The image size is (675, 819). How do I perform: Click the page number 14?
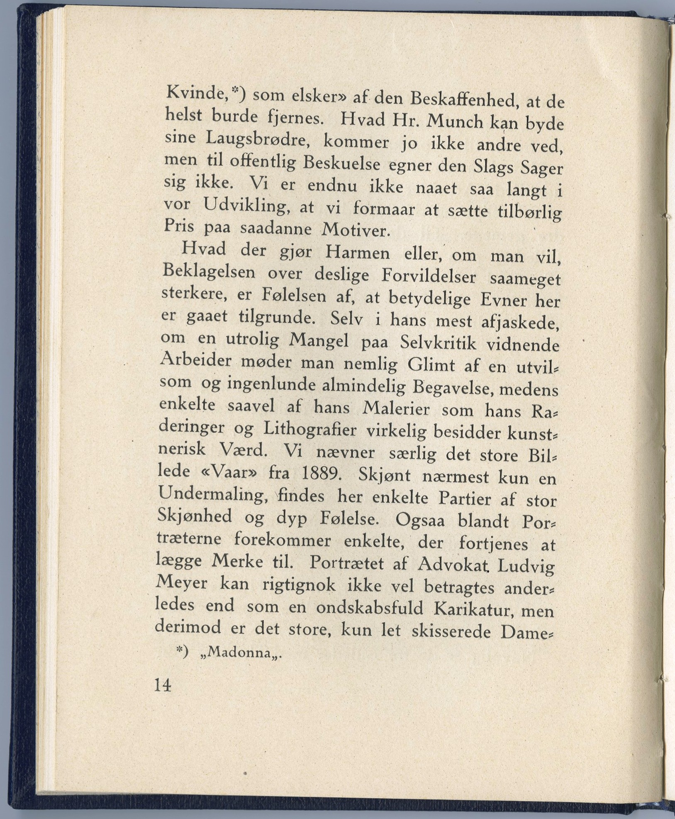point(162,685)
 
